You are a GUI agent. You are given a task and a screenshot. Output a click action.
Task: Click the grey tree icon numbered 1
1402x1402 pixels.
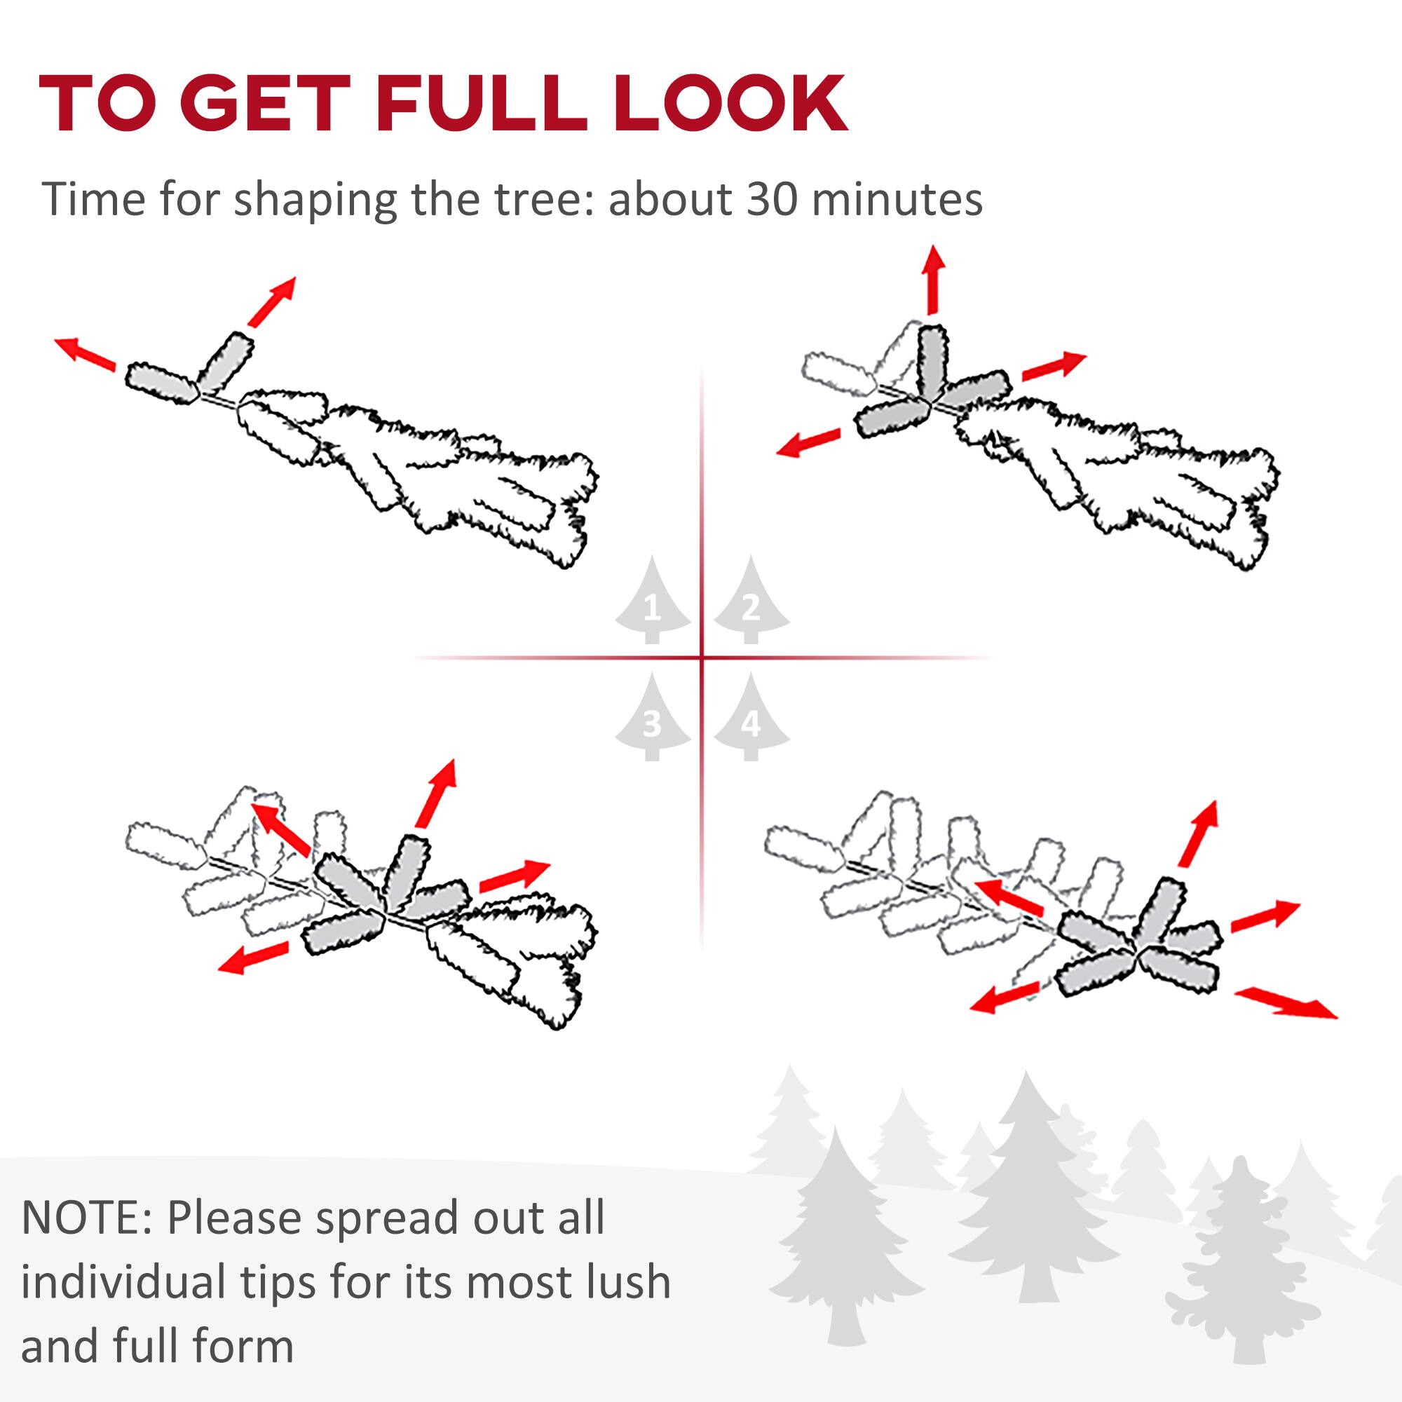point(653,602)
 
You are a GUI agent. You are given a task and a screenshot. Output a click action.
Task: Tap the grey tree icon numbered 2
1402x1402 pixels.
point(751,602)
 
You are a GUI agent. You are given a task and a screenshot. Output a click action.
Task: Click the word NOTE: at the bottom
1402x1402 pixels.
point(86,1218)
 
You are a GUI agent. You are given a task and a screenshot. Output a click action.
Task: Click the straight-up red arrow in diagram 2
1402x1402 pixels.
point(932,280)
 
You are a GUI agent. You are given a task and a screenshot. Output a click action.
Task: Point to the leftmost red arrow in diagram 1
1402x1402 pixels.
point(86,353)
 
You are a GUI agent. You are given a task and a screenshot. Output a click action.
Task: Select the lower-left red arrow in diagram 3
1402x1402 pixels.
point(253,958)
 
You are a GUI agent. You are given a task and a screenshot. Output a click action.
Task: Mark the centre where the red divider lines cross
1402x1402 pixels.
point(702,658)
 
